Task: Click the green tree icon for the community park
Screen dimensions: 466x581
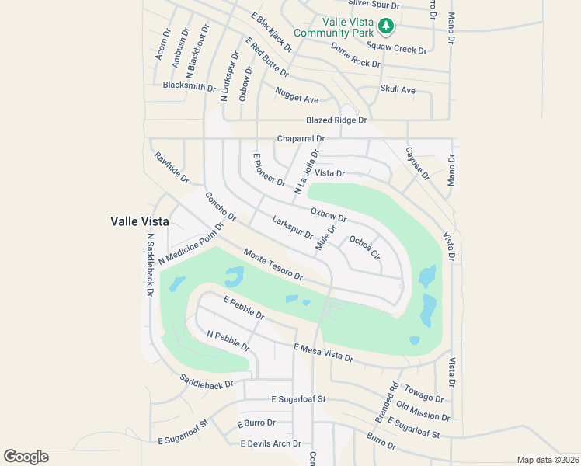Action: coord(386,27)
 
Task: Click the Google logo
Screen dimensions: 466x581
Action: coord(26,456)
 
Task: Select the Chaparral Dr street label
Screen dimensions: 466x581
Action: coord(301,139)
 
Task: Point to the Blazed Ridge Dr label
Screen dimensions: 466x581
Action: coord(336,120)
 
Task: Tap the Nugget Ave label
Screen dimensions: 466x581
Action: coord(297,99)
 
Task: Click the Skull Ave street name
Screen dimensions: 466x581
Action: coord(398,90)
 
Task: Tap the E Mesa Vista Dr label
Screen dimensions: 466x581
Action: coord(323,353)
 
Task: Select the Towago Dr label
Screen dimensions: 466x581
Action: coord(424,392)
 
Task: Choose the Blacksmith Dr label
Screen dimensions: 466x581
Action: coord(189,86)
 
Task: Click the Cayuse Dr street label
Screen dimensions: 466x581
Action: coord(417,163)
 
